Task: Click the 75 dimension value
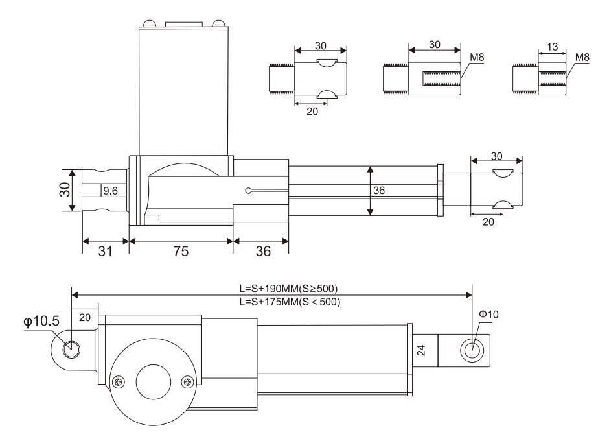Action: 181,252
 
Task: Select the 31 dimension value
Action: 105,252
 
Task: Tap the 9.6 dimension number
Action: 111,191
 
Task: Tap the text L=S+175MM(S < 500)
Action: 288,302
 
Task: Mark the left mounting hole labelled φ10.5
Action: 72,350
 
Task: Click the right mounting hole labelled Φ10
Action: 471,350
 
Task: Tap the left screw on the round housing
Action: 119,382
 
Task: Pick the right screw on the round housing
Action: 187,382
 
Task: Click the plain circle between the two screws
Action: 153,379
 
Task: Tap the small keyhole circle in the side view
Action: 249,191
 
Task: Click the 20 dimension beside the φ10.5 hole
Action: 85,317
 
